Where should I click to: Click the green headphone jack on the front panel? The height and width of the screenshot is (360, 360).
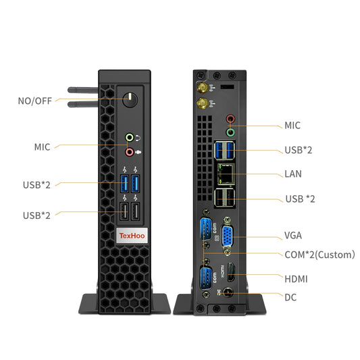point(130,137)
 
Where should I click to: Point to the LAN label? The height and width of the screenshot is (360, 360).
point(293,174)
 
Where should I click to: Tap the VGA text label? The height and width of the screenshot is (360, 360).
point(293,236)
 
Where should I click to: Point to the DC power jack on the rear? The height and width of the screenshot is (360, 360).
point(229,294)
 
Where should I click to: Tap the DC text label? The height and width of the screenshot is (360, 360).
point(291,297)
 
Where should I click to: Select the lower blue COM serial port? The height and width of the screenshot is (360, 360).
point(205,278)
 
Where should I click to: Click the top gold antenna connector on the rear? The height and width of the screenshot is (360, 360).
point(201,88)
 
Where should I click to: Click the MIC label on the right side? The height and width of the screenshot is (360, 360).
point(292,125)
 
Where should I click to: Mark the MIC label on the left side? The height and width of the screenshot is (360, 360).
point(43,147)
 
